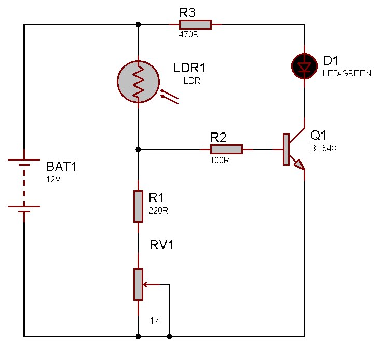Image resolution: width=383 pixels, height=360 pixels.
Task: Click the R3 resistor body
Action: pyautogui.click(x=195, y=24)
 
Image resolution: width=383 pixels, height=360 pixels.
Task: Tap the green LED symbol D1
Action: pyautogui.click(x=303, y=65)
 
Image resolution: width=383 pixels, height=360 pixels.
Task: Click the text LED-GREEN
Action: pyautogui.click(x=347, y=74)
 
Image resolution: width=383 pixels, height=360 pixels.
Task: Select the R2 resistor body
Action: pyautogui.click(x=226, y=150)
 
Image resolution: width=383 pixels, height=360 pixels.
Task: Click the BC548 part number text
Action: pyautogui.click(x=323, y=148)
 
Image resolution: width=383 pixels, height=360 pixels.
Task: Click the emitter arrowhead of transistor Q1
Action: pyautogui.click(x=298, y=165)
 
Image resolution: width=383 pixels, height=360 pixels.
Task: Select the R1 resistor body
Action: pyautogui.click(x=138, y=206)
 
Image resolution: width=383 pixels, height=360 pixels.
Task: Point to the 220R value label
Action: pyautogui.click(x=158, y=211)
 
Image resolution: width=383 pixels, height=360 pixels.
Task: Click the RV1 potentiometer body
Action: pyautogui.click(x=138, y=284)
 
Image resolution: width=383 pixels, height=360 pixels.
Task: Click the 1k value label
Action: pyautogui.click(x=154, y=321)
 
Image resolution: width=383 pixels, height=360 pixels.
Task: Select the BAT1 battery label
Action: pyautogui.click(x=63, y=167)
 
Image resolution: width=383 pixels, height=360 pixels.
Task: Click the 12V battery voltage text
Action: pyautogui.click(x=53, y=179)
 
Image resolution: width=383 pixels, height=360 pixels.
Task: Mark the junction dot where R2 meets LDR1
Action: pyautogui.click(x=138, y=150)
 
